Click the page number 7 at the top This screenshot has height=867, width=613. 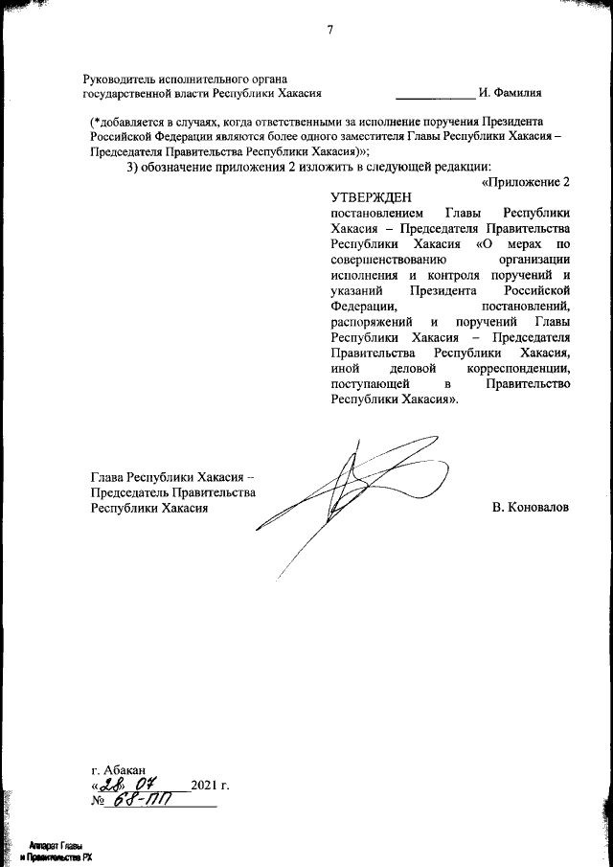pyautogui.click(x=330, y=30)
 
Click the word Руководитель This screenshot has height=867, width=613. pyautogui.click(x=120, y=78)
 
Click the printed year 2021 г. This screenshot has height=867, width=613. pyautogui.click(x=211, y=787)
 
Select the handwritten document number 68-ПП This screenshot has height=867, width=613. pyautogui.click(x=138, y=804)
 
